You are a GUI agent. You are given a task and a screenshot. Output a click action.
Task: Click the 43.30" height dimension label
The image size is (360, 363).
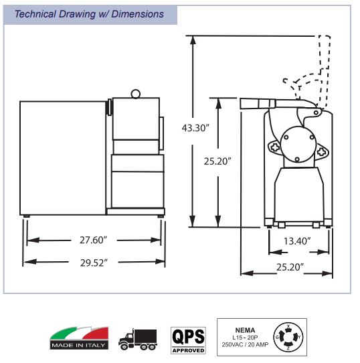pyautogui.click(x=195, y=128)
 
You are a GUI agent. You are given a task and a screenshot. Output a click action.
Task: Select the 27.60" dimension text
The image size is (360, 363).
pyautogui.click(x=94, y=240)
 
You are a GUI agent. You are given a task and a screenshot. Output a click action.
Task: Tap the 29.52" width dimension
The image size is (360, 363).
pyautogui.click(x=94, y=263)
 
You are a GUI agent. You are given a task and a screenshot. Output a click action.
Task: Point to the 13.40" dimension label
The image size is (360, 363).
pyautogui.click(x=297, y=241)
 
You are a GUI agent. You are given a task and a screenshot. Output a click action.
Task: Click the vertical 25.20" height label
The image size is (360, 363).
pyautogui.click(x=217, y=161)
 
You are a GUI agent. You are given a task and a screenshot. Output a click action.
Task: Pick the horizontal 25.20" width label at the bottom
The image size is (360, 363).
pyautogui.click(x=290, y=267)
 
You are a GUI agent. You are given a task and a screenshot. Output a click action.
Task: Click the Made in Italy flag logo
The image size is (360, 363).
pyautogui.click(x=79, y=338)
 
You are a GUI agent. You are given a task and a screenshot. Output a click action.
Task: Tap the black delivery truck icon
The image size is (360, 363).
pyautogui.click(x=138, y=339)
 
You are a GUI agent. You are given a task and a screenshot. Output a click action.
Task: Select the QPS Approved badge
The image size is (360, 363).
pyautogui.click(x=188, y=340)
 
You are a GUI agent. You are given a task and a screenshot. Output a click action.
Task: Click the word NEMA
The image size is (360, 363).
pyautogui.click(x=245, y=330)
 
